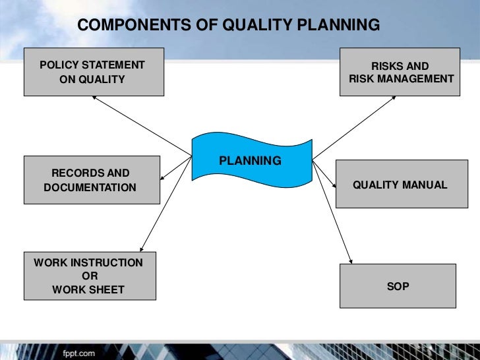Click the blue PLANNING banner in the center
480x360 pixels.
coord(251,161)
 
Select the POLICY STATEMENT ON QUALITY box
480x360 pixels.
coord(94,72)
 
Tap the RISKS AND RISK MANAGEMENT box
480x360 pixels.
coord(400,72)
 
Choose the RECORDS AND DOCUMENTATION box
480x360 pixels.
coord(92,180)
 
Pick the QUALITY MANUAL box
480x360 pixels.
coord(400,185)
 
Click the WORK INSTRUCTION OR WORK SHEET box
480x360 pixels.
coord(90,276)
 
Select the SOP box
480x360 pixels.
coord(397,286)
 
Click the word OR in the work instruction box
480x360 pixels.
coord(89,276)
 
